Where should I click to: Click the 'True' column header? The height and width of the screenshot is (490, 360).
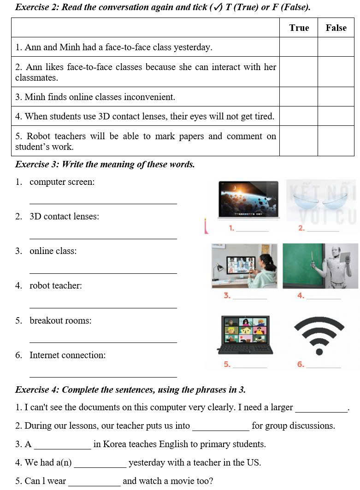pyautogui.click(x=299, y=28)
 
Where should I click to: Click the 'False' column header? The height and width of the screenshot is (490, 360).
pyautogui.click(x=336, y=28)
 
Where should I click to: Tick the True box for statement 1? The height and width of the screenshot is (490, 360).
pyautogui.click(x=299, y=47)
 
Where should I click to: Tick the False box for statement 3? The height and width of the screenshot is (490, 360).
pyautogui.click(x=336, y=97)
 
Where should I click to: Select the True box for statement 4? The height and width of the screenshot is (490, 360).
pyautogui.click(x=299, y=116)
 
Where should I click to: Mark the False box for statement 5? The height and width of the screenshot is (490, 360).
pyautogui.click(x=336, y=141)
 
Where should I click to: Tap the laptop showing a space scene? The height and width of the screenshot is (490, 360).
pyautogui.click(x=248, y=199)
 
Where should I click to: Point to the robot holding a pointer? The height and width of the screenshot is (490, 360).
pyautogui.click(x=335, y=266)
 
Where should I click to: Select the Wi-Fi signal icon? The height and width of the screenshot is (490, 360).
pyautogui.click(x=319, y=336)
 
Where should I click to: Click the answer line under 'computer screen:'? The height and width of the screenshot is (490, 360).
pyautogui.click(x=103, y=203)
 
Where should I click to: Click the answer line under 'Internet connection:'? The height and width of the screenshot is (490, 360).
pyautogui.click(x=103, y=377)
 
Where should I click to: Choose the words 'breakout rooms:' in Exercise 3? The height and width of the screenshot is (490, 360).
pyautogui.click(x=60, y=320)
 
